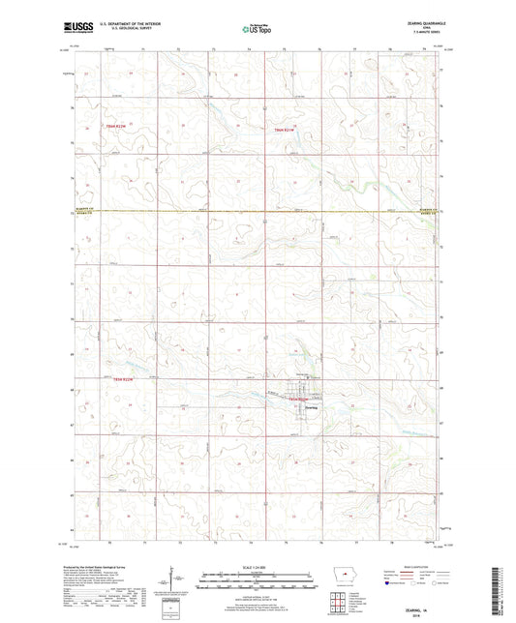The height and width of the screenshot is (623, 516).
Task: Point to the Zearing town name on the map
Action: coord(311,407)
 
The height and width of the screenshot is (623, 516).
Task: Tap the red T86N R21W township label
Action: coord(288,129)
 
